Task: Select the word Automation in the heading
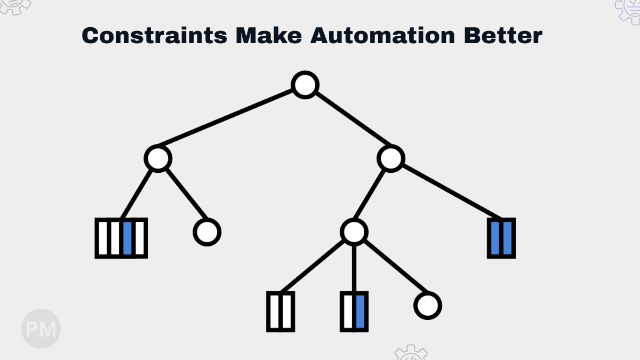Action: pyautogui.click(x=382, y=36)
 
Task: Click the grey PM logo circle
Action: pyautogui.click(x=41, y=329)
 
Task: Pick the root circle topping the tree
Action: pyautogui.click(x=306, y=85)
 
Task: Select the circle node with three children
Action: pyautogui.click(x=354, y=232)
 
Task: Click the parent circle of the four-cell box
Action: pyautogui.click(x=158, y=158)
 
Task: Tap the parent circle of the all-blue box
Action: pyautogui.click(x=391, y=158)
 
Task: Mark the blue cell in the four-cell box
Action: pyautogui.click(x=127, y=238)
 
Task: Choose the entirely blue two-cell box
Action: pyautogui.click(x=501, y=238)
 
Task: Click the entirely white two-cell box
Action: pyautogui.click(x=280, y=311)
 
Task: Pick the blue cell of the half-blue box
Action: pyautogui.click(x=360, y=311)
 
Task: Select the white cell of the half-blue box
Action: pyautogui.click(x=348, y=311)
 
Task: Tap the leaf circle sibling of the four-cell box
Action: pyautogui.click(x=206, y=232)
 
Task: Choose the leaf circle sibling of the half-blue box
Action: pyautogui.click(x=428, y=306)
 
